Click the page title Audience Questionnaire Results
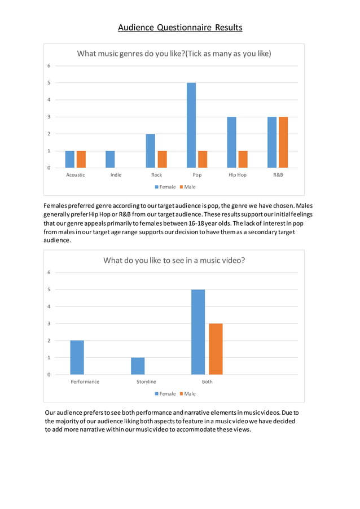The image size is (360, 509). pos(180,27)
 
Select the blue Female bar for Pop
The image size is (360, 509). pos(191,125)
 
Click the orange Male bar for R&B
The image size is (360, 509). pos(283,142)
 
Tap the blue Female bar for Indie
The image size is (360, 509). pos(110,159)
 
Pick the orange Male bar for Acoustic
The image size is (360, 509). pos(81,159)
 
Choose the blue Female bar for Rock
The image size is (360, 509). pos(151,151)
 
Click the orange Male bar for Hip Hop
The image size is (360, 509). pos(243,159)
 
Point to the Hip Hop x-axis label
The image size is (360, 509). pos(238,175)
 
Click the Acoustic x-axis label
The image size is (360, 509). pos(76,175)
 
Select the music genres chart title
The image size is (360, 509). pos(174,54)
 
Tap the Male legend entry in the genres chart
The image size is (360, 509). pos(187,187)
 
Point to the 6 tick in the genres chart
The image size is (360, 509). pos(49,65)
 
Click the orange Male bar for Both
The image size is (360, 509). pos(216,349)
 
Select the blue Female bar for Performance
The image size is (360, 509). pos(77,357)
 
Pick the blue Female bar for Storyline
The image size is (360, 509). pos(138,366)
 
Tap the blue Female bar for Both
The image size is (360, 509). pos(198,332)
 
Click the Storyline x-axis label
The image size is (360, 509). pos(146,381)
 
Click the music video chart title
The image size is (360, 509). pos(174,260)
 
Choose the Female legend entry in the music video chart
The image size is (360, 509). pos(164,393)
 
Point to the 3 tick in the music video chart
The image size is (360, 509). pos(49,323)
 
